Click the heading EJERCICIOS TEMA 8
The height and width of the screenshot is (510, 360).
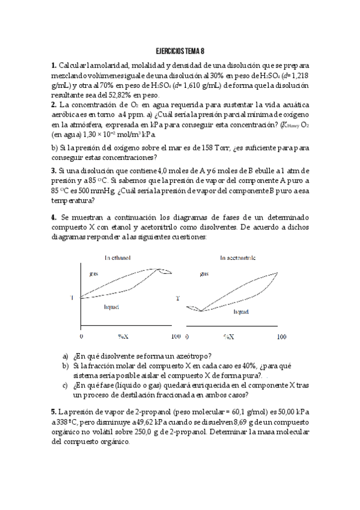pos(180,52)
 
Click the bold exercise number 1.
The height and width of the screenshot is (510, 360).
pos(53,65)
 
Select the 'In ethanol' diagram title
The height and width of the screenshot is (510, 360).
pos(118,258)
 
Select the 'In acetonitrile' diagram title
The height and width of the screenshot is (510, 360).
pos(238,258)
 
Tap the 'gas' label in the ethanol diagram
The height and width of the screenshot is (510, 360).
pos(94,274)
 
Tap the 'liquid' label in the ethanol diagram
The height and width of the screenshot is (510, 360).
pos(111,307)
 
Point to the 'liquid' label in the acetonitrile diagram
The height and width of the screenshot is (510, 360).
pos(242,312)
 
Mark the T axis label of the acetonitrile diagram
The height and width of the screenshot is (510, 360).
pos(177,298)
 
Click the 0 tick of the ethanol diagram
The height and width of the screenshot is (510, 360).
pos(82,336)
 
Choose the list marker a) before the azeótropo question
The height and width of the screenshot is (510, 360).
pos(66,355)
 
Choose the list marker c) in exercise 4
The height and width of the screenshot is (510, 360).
pos(66,386)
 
